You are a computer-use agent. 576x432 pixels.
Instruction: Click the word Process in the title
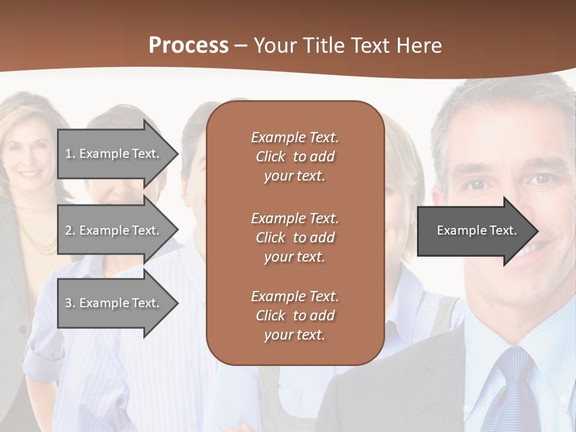pyautogui.click(x=188, y=46)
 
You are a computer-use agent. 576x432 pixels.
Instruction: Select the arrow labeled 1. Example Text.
pyautogui.click(x=114, y=154)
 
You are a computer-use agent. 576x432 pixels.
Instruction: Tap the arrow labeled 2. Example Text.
pyautogui.click(x=114, y=230)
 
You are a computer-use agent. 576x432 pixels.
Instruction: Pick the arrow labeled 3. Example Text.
pyautogui.click(x=114, y=303)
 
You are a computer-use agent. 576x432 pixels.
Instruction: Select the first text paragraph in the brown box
pyautogui.click(x=295, y=157)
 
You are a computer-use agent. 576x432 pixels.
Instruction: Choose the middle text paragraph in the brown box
pyautogui.click(x=295, y=238)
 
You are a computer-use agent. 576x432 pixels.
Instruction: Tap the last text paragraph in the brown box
pyautogui.click(x=295, y=316)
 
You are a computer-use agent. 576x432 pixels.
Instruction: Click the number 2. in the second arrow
pyautogui.click(x=70, y=230)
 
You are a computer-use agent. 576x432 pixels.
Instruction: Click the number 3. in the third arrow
pyautogui.click(x=70, y=303)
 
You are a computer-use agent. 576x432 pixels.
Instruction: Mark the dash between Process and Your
pyautogui.click(x=241, y=46)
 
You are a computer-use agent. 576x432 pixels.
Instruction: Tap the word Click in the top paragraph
pyautogui.click(x=271, y=157)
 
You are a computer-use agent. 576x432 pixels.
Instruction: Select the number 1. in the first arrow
pyautogui.click(x=70, y=154)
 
